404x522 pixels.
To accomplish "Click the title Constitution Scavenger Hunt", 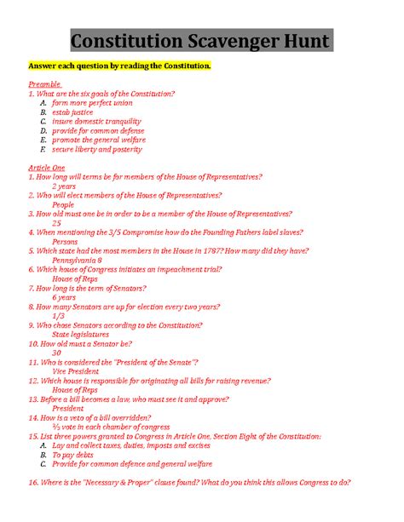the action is (x=201, y=41).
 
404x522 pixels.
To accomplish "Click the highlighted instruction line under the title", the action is (x=118, y=66).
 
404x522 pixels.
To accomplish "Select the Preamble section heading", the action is (x=44, y=84).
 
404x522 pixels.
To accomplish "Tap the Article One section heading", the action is (x=47, y=168).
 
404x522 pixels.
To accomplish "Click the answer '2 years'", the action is (x=64, y=186).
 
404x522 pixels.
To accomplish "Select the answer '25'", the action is (x=56, y=222).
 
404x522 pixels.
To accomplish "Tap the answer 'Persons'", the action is (x=65, y=241).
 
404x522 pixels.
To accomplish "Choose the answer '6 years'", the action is (x=64, y=297).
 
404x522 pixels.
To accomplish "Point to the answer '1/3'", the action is (x=58, y=315).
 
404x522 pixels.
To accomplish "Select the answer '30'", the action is (x=56, y=353).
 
